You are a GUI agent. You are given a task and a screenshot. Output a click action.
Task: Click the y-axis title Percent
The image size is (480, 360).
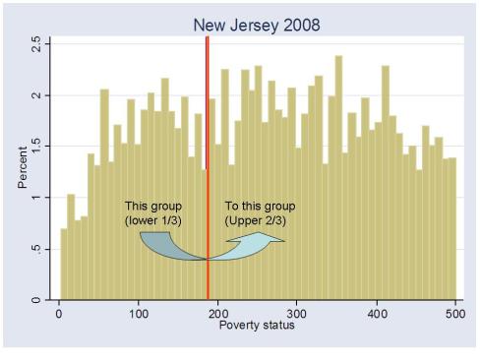click(x=23, y=169)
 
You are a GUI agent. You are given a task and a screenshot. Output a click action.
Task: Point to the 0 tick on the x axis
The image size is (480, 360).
click(x=59, y=314)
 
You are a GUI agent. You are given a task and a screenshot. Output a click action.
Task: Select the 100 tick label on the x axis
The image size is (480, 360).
click(x=139, y=314)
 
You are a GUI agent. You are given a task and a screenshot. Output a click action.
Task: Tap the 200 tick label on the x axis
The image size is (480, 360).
click(x=217, y=314)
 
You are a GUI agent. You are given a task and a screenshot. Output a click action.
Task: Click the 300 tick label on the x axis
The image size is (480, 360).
click(x=297, y=314)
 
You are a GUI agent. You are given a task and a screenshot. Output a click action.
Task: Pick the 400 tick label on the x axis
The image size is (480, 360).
click(x=377, y=314)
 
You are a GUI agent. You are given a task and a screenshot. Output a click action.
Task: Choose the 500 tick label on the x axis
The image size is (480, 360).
click(x=455, y=314)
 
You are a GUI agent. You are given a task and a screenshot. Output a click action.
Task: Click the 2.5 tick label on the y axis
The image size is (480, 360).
click(x=36, y=45)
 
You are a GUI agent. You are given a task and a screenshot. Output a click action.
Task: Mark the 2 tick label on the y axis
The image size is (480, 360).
click(x=36, y=96)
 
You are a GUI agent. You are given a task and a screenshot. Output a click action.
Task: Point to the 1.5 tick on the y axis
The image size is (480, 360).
click(x=36, y=147)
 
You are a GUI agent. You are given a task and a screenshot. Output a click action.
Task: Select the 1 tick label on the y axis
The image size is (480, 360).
click(x=36, y=198)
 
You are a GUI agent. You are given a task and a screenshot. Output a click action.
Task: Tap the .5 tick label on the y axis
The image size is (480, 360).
click(x=36, y=249)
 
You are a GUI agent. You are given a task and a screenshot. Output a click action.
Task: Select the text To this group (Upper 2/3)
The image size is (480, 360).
click(x=258, y=213)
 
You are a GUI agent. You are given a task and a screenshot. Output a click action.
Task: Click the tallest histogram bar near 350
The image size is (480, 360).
click(x=338, y=177)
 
